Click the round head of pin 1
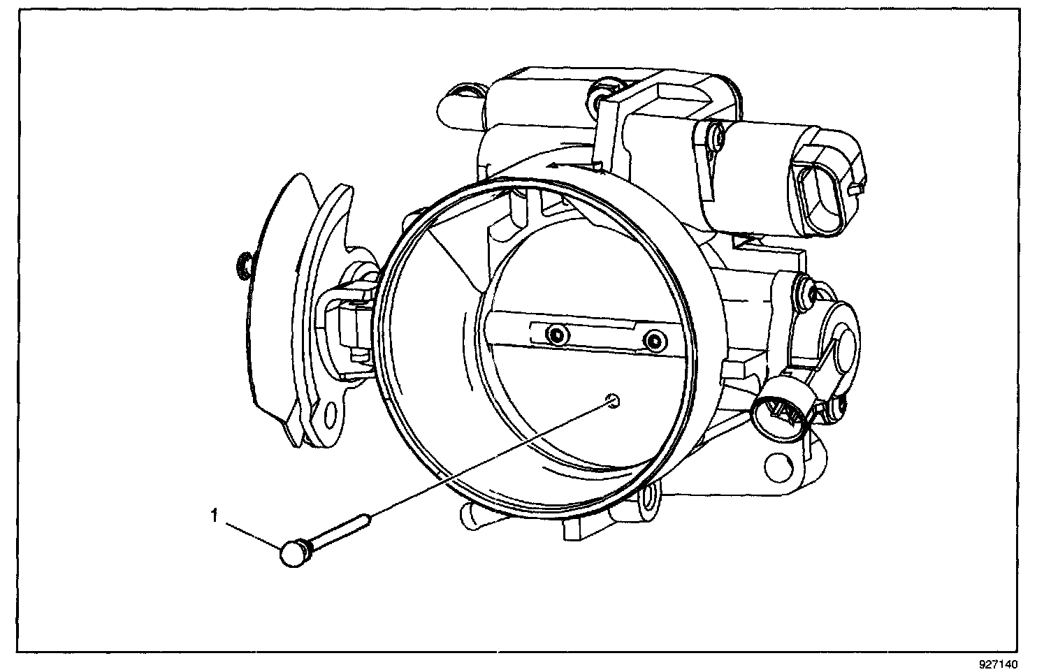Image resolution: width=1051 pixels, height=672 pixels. click(292, 555)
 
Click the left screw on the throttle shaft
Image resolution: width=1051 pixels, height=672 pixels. click(556, 335)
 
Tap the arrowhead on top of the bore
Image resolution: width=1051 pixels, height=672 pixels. click(552, 166)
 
